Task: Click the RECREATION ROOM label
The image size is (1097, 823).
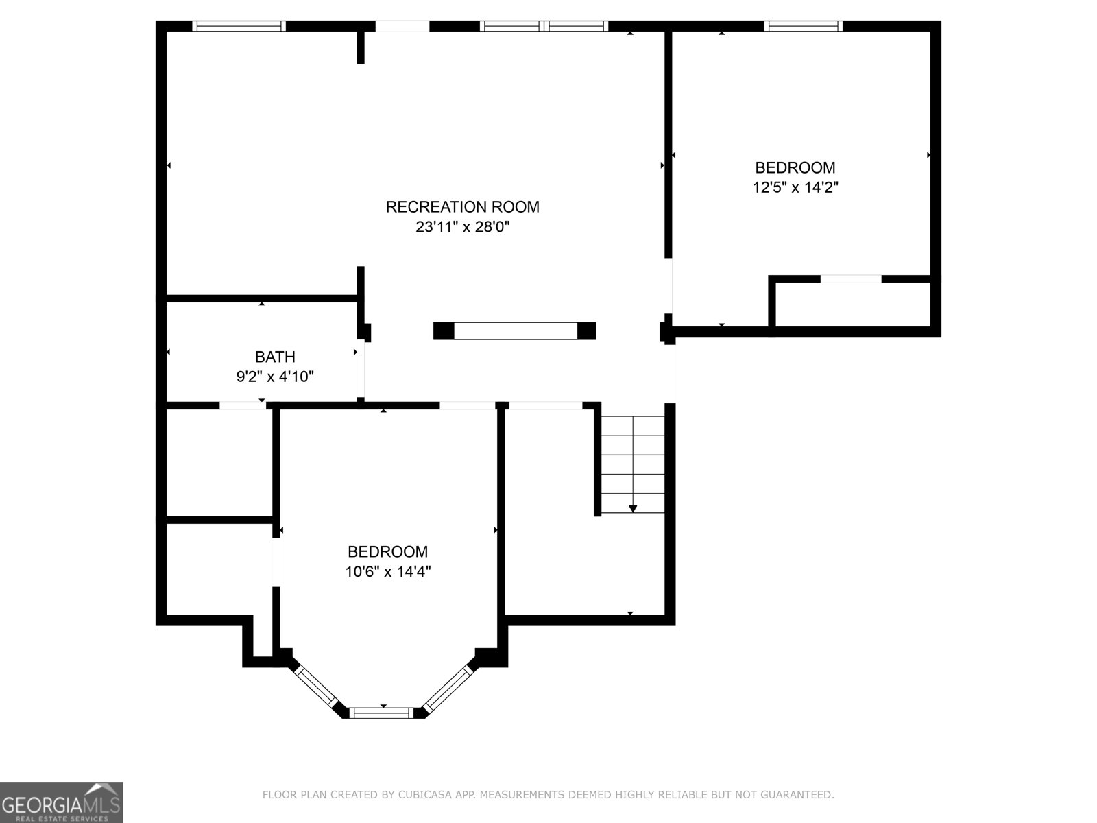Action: pos(462,206)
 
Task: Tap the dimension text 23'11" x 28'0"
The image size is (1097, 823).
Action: pos(462,227)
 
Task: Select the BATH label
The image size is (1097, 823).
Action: pos(275,357)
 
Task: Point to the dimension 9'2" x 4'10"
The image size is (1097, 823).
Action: pos(275,377)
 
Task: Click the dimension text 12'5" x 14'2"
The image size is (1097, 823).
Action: pos(795,187)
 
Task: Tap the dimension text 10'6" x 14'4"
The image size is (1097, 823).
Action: pos(387,571)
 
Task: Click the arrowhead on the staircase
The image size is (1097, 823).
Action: pos(633,508)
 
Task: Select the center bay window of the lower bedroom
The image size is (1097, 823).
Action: pos(383,713)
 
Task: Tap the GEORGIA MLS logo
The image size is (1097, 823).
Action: pos(61,802)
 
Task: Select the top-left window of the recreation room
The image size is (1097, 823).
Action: pos(239,26)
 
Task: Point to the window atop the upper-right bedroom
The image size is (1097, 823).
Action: pos(803,26)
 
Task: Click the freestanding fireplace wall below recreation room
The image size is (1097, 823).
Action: pos(515,331)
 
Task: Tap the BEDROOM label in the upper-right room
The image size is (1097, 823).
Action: pos(795,167)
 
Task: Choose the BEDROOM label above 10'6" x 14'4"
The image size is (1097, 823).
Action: pos(387,551)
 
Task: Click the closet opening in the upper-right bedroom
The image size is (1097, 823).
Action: pos(851,279)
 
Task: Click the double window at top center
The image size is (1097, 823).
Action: pos(544,26)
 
